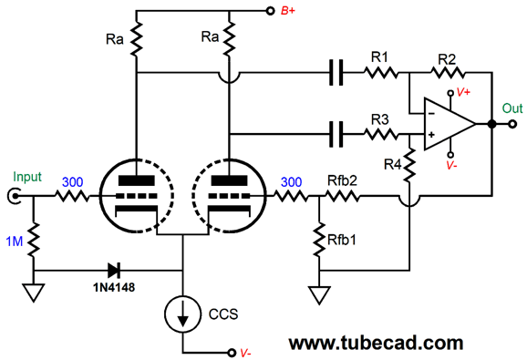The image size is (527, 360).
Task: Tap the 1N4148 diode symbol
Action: click(115, 270)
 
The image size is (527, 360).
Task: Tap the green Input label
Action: click(27, 177)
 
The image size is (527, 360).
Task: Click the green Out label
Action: click(511, 107)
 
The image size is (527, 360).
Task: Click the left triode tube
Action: click(136, 195)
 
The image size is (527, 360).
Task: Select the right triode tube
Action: click(229, 195)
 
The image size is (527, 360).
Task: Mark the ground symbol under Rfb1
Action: click(320, 293)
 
